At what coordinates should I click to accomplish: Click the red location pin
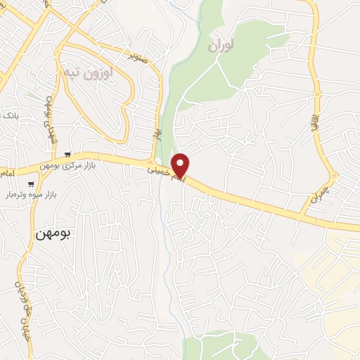click(181, 165)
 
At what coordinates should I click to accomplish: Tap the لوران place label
click(220, 46)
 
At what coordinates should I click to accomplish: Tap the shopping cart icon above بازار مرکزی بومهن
click(67, 155)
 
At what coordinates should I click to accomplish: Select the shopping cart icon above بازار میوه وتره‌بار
click(31, 184)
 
